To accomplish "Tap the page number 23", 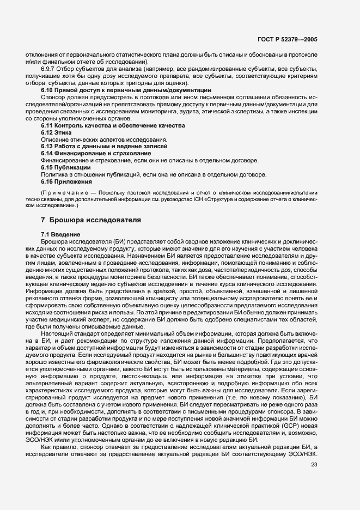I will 314,464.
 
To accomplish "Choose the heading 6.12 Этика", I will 56,132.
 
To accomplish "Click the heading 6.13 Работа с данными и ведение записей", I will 104,147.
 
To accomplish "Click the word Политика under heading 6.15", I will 53,174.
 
